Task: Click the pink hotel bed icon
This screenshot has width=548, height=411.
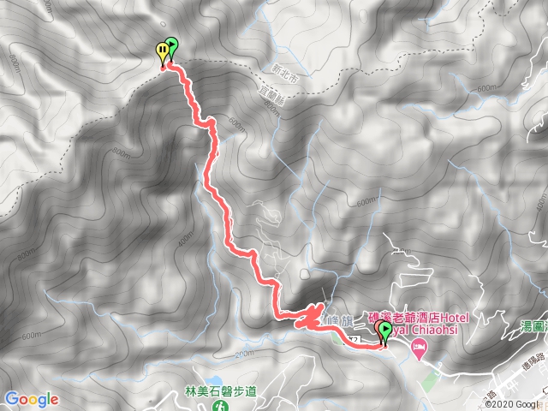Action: (x=419, y=347)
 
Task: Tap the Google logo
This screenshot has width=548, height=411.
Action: (x=31, y=399)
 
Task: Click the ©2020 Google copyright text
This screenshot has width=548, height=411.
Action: (x=515, y=403)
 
